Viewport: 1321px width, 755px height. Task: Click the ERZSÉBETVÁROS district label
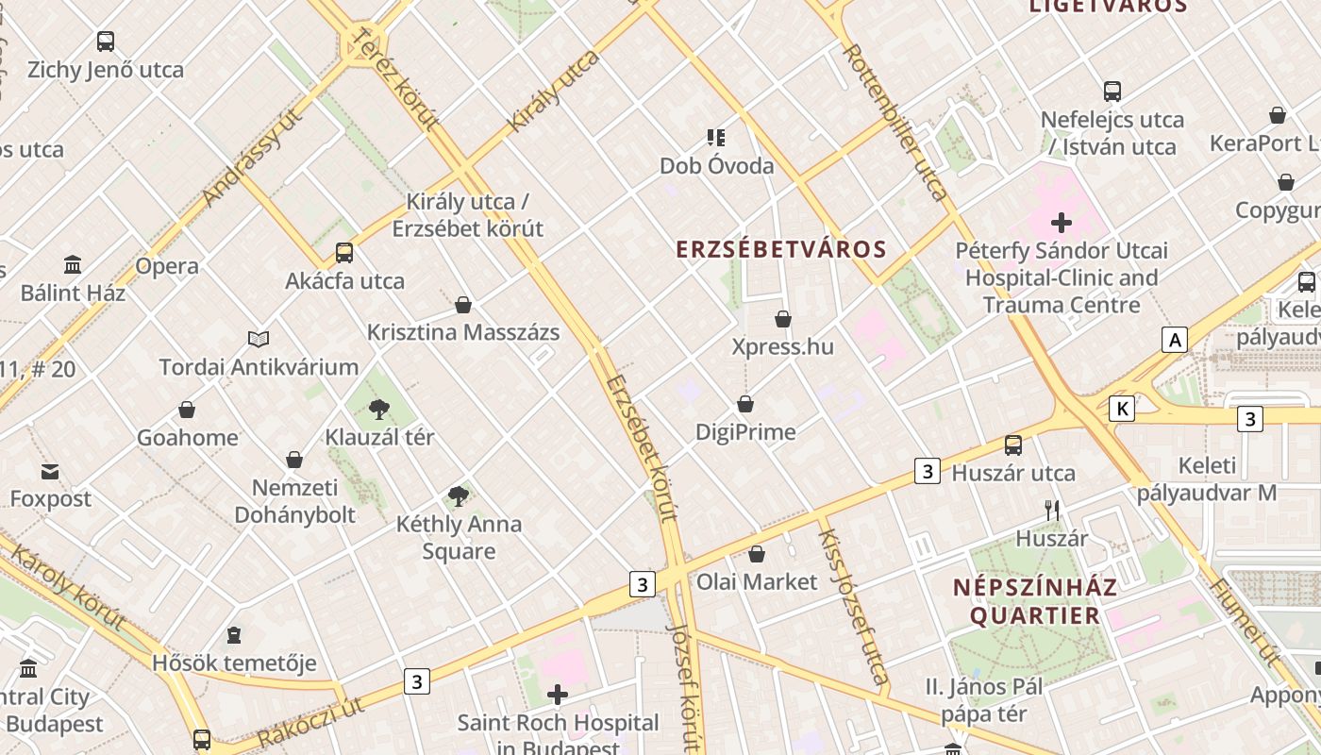coord(781,249)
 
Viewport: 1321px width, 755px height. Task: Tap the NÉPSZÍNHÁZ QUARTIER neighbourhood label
coord(1035,601)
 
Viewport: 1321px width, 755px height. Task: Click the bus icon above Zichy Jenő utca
coord(106,42)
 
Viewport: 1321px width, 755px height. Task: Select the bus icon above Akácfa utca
coord(344,253)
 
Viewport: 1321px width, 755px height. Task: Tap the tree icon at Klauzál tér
coord(379,410)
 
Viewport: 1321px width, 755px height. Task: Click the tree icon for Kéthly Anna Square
coord(459,495)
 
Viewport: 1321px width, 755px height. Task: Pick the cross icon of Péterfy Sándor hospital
coord(1062,223)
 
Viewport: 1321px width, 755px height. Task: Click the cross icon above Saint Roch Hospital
coord(558,696)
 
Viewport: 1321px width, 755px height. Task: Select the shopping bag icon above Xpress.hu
coord(783,320)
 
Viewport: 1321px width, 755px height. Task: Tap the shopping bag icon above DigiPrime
coord(745,404)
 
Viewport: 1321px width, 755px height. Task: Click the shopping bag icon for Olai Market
coord(757,554)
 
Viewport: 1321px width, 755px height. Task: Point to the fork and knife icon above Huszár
coord(1052,511)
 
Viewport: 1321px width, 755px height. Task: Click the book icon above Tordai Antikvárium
coord(259,339)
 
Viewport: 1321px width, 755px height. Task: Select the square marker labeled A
coord(1174,340)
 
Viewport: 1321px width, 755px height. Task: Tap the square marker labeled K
coord(1121,408)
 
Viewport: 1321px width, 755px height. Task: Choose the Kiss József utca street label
coord(853,606)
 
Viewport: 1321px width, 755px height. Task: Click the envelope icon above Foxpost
coord(50,471)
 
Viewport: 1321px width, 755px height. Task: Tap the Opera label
coord(167,266)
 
